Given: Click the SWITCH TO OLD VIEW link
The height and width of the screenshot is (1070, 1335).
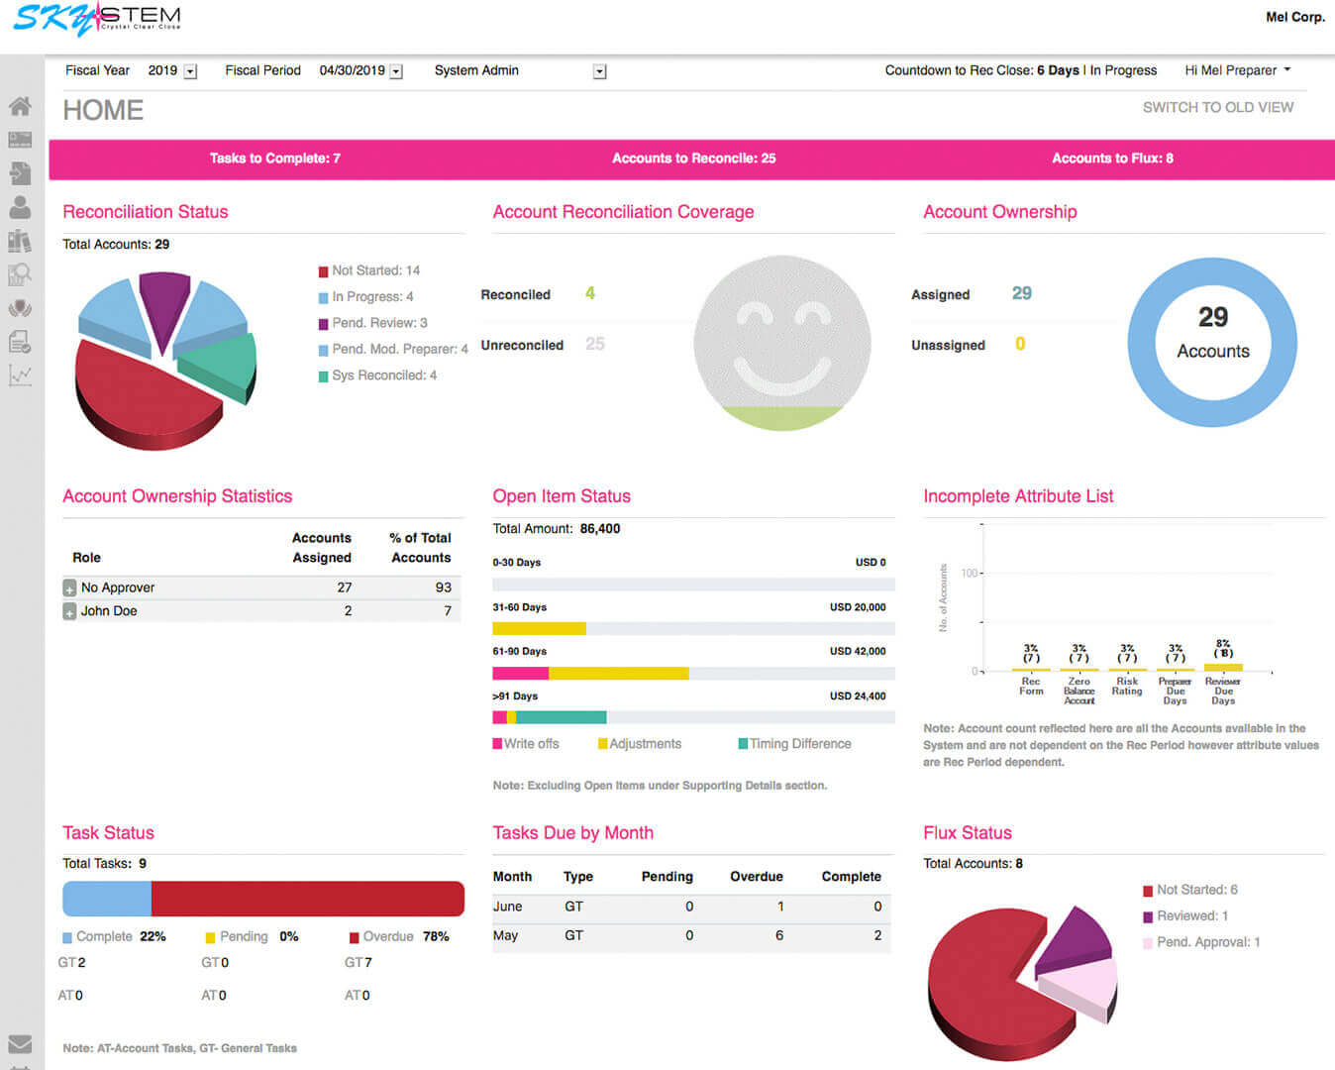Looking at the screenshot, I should [x=1217, y=107].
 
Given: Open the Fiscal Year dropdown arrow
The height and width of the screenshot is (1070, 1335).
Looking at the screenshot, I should [x=191, y=71].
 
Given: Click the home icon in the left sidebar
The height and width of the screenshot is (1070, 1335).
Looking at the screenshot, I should [x=20, y=106].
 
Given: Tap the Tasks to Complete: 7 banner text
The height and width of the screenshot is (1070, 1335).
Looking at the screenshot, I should [x=274, y=159].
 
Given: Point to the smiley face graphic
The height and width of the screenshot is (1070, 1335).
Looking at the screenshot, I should [x=781, y=342].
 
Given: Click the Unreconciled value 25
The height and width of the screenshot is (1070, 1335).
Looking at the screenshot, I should [x=594, y=344].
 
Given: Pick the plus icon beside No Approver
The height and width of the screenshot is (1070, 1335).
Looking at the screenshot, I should [x=69, y=588].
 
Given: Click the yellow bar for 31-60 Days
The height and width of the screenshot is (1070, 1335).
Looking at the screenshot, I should [x=539, y=628].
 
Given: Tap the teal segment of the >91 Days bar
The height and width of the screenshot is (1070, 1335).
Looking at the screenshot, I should [x=561, y=717].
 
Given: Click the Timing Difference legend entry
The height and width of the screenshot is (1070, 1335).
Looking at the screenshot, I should [x=799, y=744].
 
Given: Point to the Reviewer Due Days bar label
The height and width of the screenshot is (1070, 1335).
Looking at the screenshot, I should [x=1223, y=691].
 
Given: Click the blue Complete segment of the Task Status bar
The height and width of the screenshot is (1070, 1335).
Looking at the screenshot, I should [x=107, y=899].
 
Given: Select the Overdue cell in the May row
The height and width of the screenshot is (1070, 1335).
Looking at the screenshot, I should [x=779, y=935].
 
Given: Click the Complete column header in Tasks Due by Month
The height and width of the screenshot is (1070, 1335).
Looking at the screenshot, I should [x=851, y=877].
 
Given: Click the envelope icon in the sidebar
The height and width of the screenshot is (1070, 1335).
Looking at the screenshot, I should [x=20, y=1043].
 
